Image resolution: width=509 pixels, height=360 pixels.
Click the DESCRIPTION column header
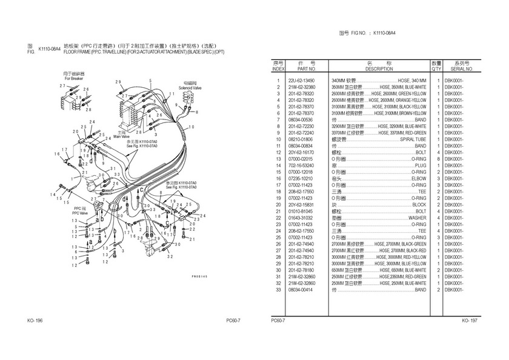pyautogui.click(x=379, y=69)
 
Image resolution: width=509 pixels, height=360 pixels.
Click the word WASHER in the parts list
pyautogui.click(x=416, y=218)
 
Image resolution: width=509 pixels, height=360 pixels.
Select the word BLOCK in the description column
pyautogui.click(x=418, y=205)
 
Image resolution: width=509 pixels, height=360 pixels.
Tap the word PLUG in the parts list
pyautogui.click(x=420, y=165)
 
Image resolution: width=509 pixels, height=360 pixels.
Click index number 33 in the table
pyautogui.click(x=278, y=290)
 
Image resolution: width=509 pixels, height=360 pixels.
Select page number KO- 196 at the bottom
pyautogui.click(x=35, y=321)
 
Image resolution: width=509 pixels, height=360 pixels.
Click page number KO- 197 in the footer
pyautogui.click(x=470, y=321)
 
